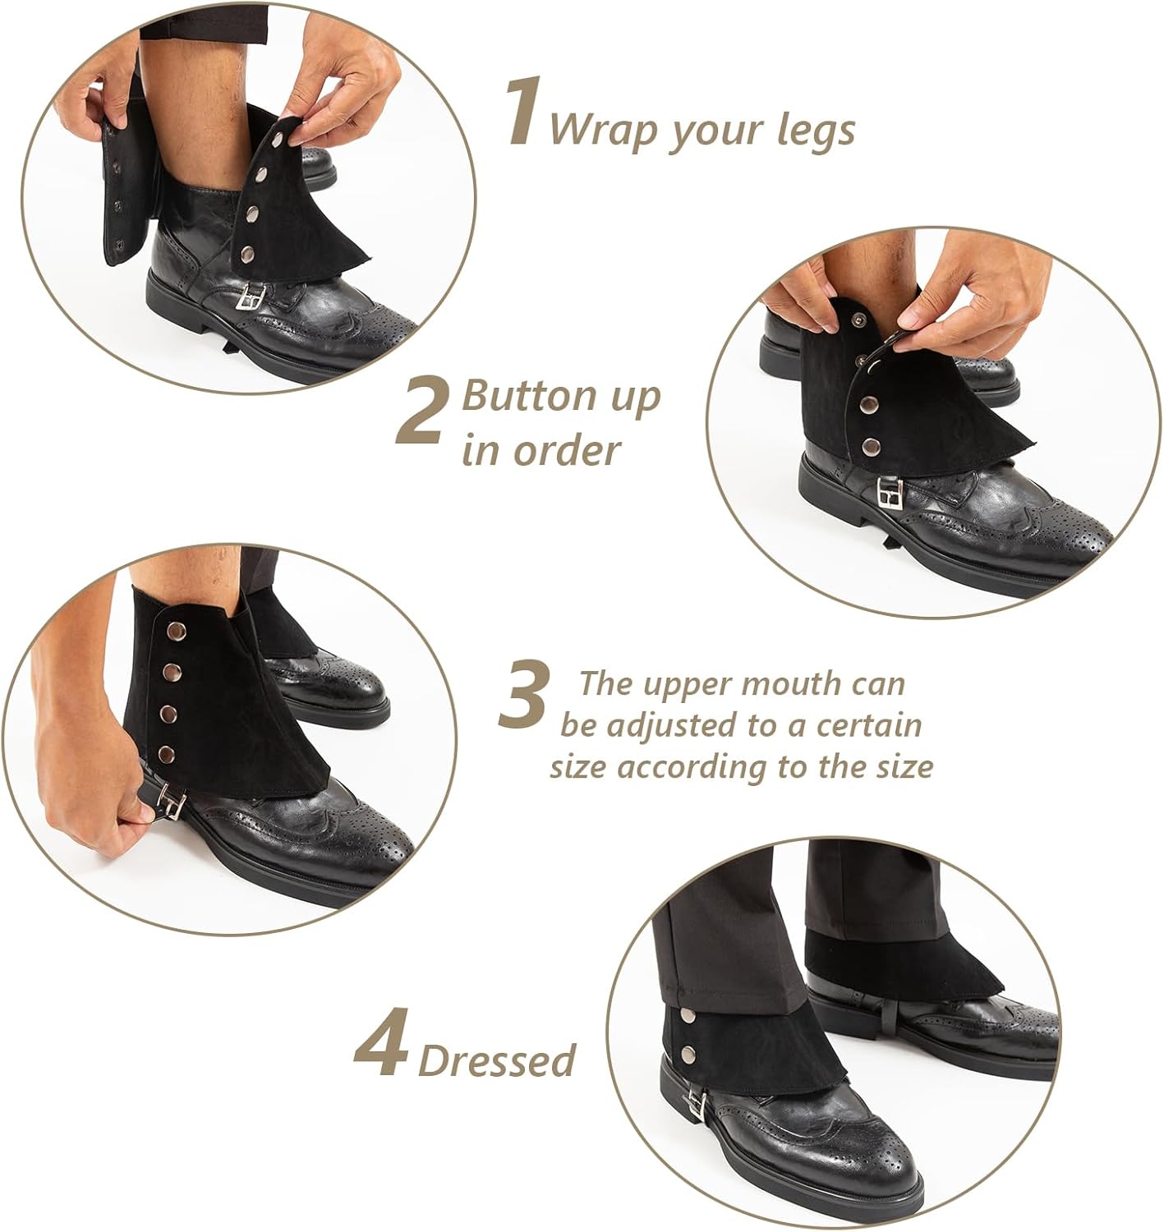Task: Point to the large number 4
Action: [381, 1042]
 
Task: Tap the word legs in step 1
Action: [816, 131]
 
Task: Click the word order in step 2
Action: [567, 451]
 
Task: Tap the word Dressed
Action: [497, 1060]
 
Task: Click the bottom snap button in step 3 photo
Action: [166, 754]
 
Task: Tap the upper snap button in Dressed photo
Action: [688, 1015]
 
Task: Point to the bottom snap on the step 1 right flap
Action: [248, 252]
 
